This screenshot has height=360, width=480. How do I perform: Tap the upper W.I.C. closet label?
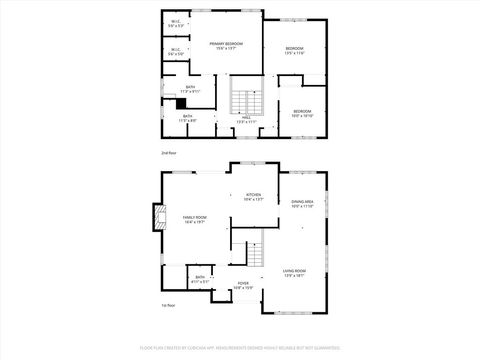pos(175,25)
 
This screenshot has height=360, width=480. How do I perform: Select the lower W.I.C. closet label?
pos(175,52)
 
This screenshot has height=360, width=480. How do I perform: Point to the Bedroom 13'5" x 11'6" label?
pos(295,51)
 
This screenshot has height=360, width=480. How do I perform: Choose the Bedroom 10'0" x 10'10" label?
pos(302,113)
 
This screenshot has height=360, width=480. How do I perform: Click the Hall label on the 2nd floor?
pos(246,120)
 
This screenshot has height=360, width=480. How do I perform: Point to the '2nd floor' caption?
pos(169,153)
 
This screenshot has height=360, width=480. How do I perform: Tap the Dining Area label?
pos(302,204)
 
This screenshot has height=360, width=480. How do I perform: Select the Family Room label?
pos(194,220)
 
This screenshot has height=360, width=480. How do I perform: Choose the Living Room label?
pos(294,273)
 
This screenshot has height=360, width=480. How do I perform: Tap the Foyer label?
pos(243,286)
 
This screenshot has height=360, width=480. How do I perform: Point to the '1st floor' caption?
pos(169,305)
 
